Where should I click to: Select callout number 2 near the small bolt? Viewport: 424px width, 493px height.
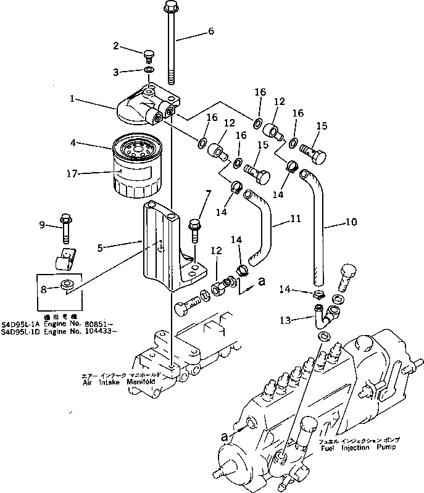(x=115, y=45)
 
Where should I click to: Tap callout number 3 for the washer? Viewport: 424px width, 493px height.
(x=115, y=72)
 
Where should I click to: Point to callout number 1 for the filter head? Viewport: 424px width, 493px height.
(x=72, y=98)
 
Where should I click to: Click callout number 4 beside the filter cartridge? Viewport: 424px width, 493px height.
(x=73, y=143)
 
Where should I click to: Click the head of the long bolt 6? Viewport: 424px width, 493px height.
(x=171, y=7)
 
